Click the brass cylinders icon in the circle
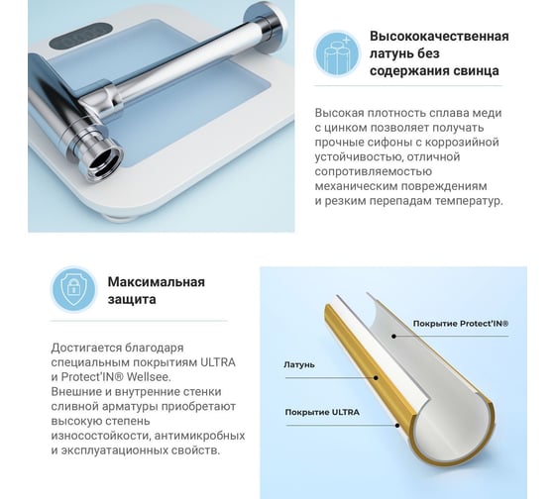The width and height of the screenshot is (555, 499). pyautogui.click(x=337, y=53)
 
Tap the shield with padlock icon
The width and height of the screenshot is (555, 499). pyautogui.click(x=73, y=289)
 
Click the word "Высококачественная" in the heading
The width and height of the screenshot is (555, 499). pyautogui.click(x=439, y=36)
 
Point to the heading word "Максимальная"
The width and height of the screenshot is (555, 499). pyautogui.click(x=157, y=282)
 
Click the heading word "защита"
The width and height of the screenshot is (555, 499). pyautogui.click(x=132, y=300)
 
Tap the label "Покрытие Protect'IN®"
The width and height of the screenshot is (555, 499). pyautogui.click(x=461, y=324)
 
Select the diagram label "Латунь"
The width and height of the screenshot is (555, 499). pyautogui.click(x=299, y=364)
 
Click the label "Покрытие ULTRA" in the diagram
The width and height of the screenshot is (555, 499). pyautogui.click(x=322, y=412)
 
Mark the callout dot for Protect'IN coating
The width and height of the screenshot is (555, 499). pyautogui.click(x=393, y=336)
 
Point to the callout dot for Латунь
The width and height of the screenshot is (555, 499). pyautogui.click(x=376, y=377)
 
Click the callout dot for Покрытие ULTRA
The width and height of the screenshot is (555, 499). pyautogui.click(x=397, y=425)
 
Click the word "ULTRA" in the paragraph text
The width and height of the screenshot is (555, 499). pyautogui.click(x=218, y=362)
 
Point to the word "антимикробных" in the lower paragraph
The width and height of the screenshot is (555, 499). pyautogui.click(x=199, y=436)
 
